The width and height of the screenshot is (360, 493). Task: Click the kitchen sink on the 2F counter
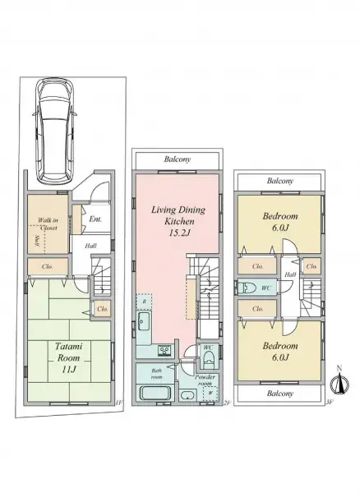142,322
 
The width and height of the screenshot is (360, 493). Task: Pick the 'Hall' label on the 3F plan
290,274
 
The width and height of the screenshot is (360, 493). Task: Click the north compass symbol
337,381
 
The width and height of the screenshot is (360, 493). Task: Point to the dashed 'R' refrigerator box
143,301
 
